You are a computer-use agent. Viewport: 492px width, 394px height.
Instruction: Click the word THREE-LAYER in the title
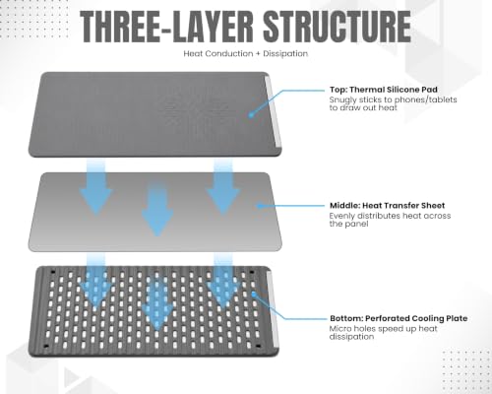click(x=167, y=27)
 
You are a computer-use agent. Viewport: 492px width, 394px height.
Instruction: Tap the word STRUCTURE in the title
click(x=338, y=27)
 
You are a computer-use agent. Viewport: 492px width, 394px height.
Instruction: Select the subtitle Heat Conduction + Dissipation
click(x=246, y=53)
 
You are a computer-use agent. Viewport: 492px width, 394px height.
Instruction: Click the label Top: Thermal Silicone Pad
click(x=384, y=90)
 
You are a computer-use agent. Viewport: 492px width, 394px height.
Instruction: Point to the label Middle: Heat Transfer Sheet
click(x=387, y=206)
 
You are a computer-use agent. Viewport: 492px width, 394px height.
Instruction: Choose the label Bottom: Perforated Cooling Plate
click(x=399, y=318)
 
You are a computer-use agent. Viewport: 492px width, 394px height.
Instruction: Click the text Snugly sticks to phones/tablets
click(x=393, y=99)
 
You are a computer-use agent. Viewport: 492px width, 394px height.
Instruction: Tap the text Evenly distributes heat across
click(x=390, y=216)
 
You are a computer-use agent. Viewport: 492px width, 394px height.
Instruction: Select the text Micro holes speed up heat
click(x=383, y=329)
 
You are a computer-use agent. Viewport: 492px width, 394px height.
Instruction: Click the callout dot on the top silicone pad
click(x=251, y=115)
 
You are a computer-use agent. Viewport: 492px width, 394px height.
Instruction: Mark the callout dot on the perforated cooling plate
click(x=253, y=294)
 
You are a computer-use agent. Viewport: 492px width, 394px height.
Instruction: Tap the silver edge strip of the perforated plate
click(x=274, y=308)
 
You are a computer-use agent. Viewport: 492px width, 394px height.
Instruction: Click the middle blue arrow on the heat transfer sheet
click(x=157, y=210)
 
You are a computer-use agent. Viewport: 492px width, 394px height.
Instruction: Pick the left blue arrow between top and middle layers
click(x=95, y=187)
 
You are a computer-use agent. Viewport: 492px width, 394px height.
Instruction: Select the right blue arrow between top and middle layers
click(x=223, y=187)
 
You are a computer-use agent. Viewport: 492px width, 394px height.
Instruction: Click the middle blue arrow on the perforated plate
click(x=157, y=302)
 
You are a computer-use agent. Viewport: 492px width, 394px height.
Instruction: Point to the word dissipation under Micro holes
click(x=351, y=337)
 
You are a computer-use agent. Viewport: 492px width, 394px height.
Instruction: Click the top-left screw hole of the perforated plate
click(x=52, y=272)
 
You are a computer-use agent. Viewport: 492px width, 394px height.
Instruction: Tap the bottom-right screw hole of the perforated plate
click(x=258, y=346)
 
